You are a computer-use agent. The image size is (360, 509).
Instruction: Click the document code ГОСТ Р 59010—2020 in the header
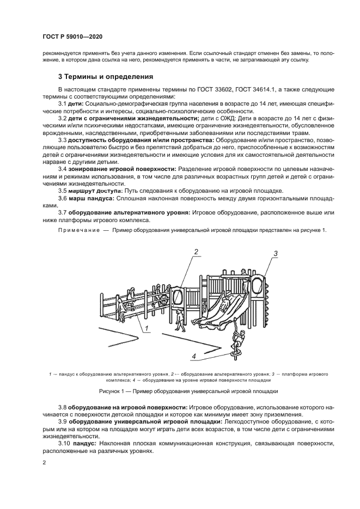pyautogui.click(x=72, y=36)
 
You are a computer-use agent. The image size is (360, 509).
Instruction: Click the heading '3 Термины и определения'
pyautogui.click(x=106, y=76)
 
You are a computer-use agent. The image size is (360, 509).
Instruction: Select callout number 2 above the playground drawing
pyautogui.click(x=196, y=251)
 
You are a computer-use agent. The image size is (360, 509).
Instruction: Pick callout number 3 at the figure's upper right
pyautogui.click(x=276, y=254)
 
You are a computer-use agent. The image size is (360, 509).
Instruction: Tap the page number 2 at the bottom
pyautogui.click(x=44, y=463)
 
